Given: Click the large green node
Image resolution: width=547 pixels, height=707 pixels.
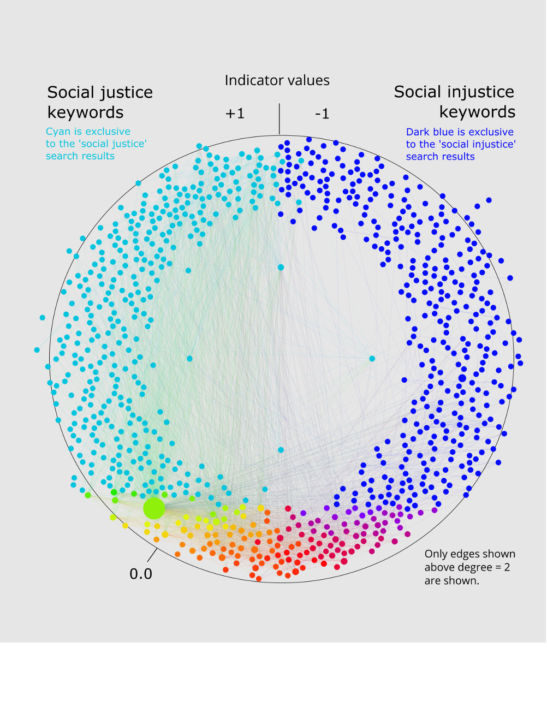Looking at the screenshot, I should coord(154,508).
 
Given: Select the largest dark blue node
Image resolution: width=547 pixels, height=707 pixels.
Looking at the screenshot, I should coord(462,378).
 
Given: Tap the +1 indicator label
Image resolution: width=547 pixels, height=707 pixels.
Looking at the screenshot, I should coord(235,114).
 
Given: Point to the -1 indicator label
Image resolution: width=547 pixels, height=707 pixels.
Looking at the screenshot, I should coord(322,114).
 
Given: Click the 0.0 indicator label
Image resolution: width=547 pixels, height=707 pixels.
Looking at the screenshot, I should coord(141,574).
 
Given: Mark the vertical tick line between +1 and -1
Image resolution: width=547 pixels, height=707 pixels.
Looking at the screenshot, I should coord(280,118).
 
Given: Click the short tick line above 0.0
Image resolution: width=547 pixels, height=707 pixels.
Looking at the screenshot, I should coord(152,555).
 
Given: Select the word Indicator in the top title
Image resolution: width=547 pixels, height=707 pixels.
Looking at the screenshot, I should coord(252,80).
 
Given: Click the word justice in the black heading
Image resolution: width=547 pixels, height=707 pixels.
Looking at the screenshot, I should coord(126,92).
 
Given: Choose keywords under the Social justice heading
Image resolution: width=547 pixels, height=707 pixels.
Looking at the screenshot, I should coord(86,112).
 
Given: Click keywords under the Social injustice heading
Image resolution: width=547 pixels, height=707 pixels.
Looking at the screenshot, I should coord(477,112).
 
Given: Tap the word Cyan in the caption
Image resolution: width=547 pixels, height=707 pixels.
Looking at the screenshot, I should coord(58,132).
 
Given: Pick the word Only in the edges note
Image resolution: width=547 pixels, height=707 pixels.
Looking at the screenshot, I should coord(436,554).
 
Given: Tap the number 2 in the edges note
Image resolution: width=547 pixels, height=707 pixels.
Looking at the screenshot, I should coord(507,567).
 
